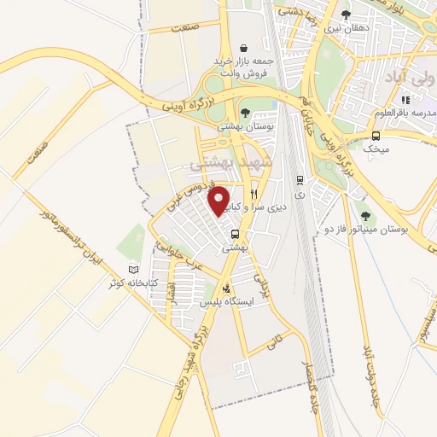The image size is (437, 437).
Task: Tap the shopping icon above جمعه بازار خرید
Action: tap(245, 48)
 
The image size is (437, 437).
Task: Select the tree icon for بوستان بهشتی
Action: tap(245, 113)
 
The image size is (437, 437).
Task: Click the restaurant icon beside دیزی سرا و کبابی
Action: tap(253, 195)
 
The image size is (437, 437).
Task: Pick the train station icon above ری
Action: tap(299, 180)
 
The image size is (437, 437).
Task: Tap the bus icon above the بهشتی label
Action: tap(235, 235)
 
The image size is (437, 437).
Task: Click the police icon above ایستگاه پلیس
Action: tap(225, 288)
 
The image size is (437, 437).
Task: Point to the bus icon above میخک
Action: tap(376, 134)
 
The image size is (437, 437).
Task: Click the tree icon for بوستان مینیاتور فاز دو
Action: tap(366, 216)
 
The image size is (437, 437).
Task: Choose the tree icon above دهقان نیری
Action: tap(346, 15)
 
